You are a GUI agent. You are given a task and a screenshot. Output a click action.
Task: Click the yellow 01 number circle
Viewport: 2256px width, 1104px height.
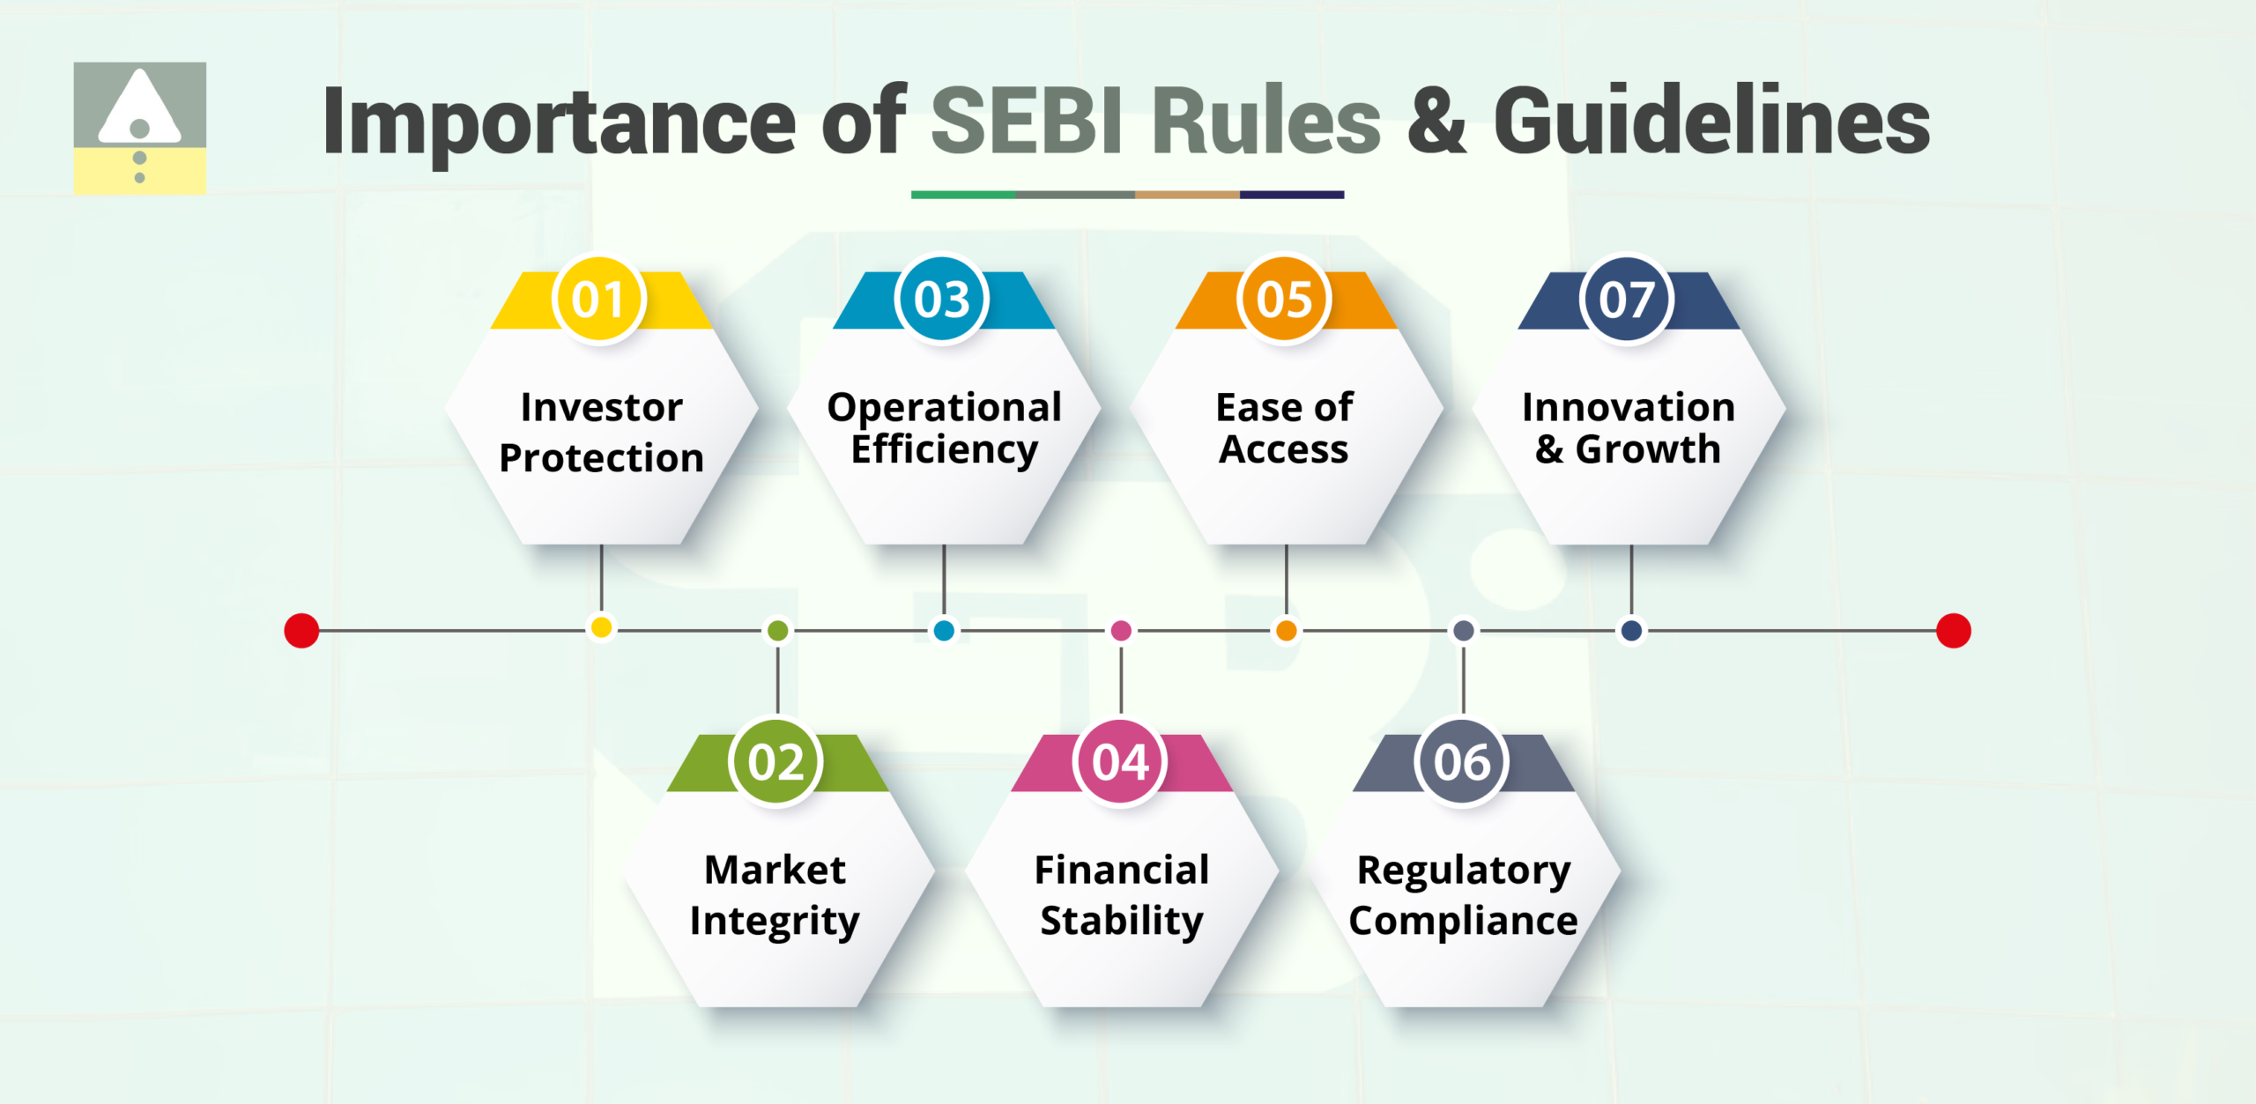(599, 300)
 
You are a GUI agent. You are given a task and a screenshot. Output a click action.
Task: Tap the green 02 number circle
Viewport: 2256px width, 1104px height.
(776, 762)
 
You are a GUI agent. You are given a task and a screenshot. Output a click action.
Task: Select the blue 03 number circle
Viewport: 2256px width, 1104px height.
(942, 300)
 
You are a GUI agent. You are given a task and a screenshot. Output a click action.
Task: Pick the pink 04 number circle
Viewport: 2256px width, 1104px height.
(1120, 762)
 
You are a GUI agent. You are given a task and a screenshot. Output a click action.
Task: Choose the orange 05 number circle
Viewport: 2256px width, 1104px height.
(1284, 300)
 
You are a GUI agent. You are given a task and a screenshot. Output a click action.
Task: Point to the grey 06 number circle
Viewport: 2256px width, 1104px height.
(1462, 762)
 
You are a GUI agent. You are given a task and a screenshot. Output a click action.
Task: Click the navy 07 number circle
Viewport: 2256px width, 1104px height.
(1627, 300)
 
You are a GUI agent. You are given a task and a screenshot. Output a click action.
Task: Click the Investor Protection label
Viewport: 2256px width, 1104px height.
(601, 433)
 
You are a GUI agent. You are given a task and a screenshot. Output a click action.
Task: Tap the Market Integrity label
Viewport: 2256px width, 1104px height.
(775, 895)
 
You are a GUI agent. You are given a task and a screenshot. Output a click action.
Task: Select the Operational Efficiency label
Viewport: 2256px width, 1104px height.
(944, 428)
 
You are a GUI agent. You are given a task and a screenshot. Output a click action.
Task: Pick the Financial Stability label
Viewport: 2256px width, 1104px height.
(1121, 895)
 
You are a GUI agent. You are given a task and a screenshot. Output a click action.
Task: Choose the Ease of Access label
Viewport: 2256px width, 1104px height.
(1284, 428)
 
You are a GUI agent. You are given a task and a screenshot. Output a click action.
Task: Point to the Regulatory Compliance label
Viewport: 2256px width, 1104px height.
(1463, 895)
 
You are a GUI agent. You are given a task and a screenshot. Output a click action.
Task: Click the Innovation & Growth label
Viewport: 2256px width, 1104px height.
(1628, 428)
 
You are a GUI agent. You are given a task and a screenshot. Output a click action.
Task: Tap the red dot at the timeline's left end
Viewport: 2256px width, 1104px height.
(301, 631)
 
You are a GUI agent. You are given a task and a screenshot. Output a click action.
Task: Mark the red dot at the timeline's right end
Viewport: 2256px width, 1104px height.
(1954, 631)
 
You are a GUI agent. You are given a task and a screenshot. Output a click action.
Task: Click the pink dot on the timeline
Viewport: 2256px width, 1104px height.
(1121, 631)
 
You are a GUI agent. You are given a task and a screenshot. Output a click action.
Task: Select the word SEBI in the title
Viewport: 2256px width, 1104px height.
(1028, 122)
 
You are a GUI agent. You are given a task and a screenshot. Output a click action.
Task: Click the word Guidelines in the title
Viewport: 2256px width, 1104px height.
(1711, 122)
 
